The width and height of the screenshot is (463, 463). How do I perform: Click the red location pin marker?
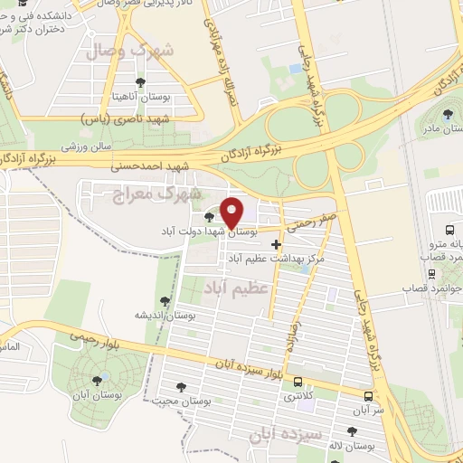click(x=232, y=212)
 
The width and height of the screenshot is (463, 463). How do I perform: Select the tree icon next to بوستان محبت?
click(x=184, y=386)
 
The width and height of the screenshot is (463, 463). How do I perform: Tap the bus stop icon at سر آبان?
click(x=369, y=396)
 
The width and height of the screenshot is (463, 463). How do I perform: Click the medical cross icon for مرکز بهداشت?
click(x=276, y=244)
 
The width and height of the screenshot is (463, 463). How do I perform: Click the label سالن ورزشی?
click(x=86, y=145)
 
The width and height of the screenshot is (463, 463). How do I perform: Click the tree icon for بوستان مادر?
click(x=449, y=114)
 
